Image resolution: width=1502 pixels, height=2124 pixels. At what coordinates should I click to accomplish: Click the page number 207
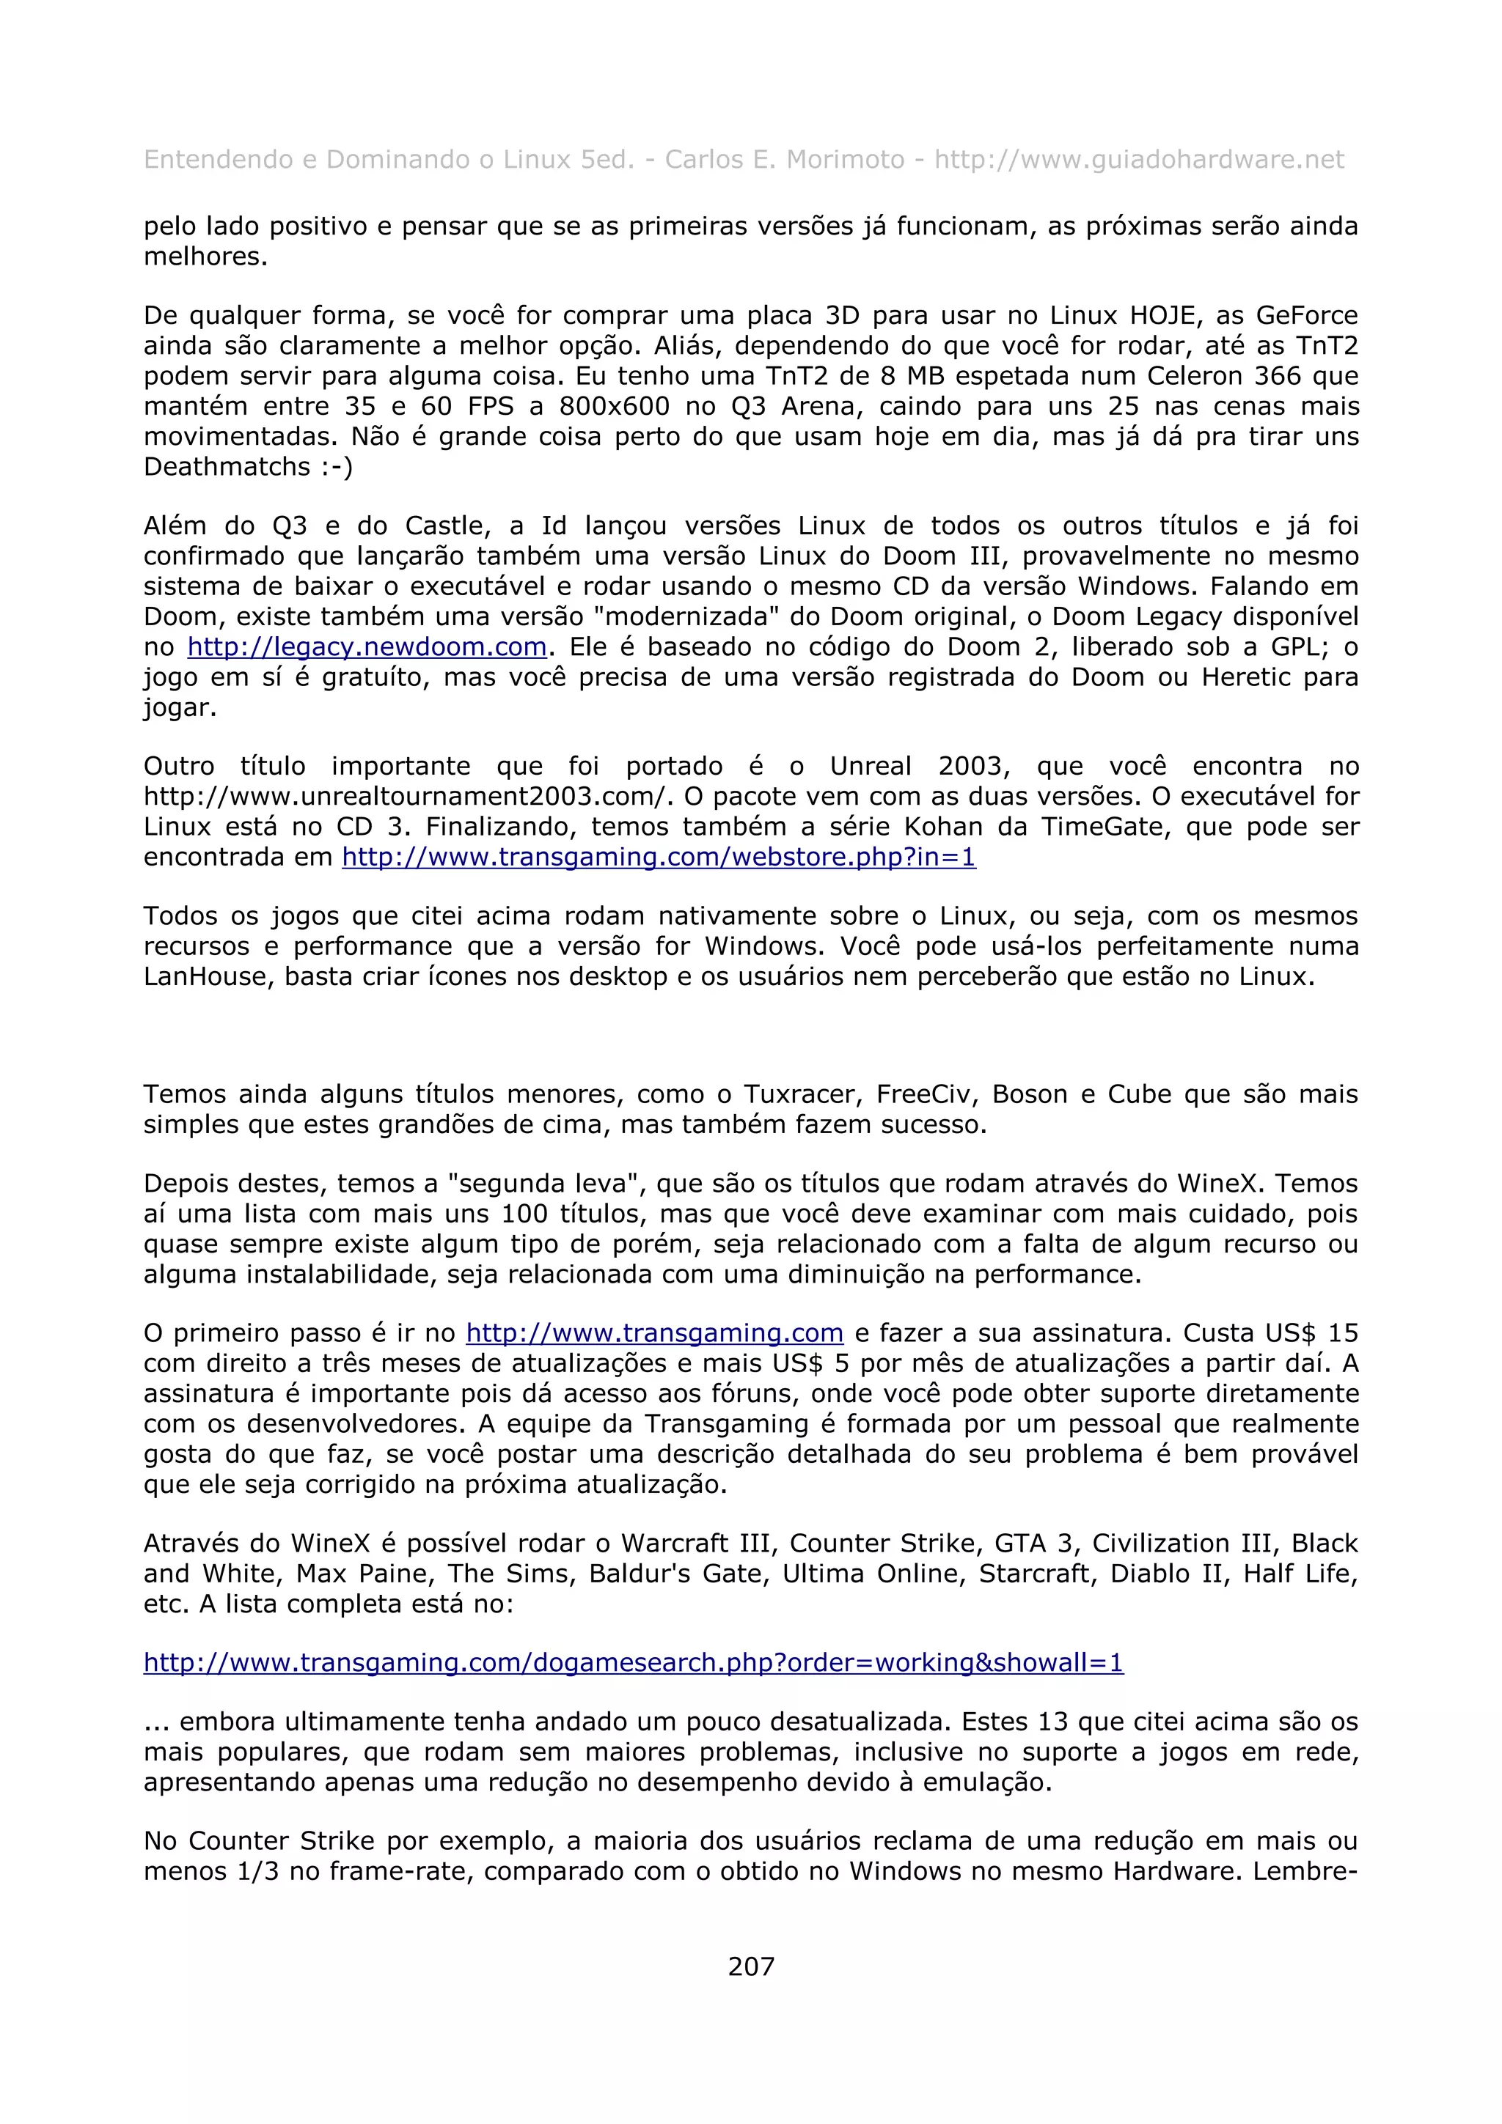(x=750, y=1966)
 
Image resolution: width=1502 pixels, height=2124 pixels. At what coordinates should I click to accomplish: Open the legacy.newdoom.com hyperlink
(x=367, y=646)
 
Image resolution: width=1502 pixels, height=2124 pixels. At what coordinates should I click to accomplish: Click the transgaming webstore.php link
(x=658, y=857)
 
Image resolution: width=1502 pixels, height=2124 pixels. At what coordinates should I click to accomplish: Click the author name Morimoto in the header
(x=844, y=160)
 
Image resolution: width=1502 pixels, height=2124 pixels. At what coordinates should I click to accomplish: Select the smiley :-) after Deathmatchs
(x=336, y=466)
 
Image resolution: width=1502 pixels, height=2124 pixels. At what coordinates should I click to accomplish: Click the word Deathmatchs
(x=227, y=466)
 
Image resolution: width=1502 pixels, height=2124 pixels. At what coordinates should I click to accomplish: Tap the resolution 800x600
(x=614, y=406)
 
